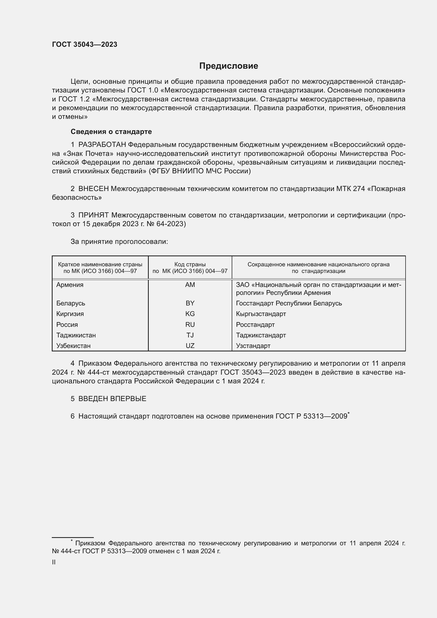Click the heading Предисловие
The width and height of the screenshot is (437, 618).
pyautogui.click(x=229, y=66)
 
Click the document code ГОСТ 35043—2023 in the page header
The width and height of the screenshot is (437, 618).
pyautogui.click(x=85, y=45)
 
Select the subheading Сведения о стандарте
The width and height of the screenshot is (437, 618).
pyautogui.click(x=111, y=132)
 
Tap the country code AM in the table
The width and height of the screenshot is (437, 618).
pyautogui.click(x=190, y=285)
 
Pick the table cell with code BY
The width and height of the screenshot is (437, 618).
pyautogui.click(x=190, y=303)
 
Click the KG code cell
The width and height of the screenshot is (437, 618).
pyautogui.click(x=190, y=314)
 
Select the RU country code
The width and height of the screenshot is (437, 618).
pyautogui.click(x=190, y=325)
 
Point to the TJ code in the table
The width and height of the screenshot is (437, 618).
pyautogui.click(x=190, y=335)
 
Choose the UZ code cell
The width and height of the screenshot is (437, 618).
pyautogui.click(x=190, y=346)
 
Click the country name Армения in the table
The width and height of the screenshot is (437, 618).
pyautogui.click(x=70, y=285)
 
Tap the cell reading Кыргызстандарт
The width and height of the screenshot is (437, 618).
pyautogui.click(x=261, y=314)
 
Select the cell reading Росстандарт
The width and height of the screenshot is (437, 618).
pyautogui.click(x=255, y=325)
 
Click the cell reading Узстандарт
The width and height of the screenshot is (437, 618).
pyautogui.click(x=253, y=346)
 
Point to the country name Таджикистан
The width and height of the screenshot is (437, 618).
pyautogui.click(x=76, y=335)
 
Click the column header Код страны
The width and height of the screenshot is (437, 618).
pyautogui.click(x=190, y=264)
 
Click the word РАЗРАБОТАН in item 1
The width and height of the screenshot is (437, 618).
pyautogui.click(x=102, y=145)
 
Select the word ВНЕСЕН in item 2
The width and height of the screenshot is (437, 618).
pyautogui.click(x=93, y=189)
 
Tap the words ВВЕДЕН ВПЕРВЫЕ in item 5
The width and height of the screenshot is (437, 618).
pyautogui.click(x=112, y=399)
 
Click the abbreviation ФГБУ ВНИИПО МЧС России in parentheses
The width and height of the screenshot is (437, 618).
pyautogui.click(x=199, y=171)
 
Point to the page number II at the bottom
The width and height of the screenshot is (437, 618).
pyautogui.click(x=54, y=562)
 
